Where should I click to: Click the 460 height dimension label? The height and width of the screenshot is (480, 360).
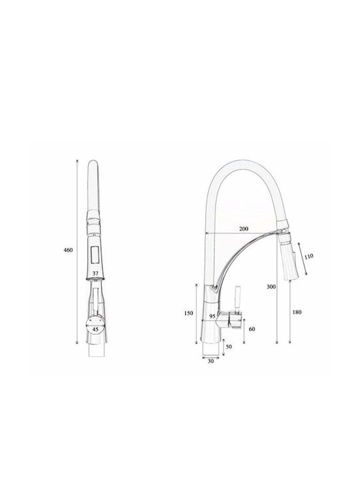68,250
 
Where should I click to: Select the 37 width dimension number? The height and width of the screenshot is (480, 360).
95,273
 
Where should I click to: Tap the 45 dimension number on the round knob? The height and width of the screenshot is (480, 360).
95,330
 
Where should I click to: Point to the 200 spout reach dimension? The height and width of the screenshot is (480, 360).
244,229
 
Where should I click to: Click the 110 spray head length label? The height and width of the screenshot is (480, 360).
309,256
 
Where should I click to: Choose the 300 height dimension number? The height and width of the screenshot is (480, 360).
271,287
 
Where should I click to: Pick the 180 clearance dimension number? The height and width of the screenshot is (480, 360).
297,312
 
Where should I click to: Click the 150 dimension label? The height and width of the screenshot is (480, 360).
189,313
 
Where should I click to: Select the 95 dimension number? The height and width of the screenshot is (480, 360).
213,316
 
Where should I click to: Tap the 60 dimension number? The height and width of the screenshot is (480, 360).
252,329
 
